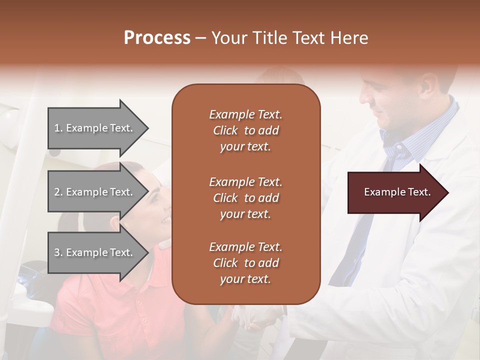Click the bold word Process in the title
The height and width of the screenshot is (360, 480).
coord(157,38)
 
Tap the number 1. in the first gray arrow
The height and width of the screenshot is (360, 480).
coord(58,128)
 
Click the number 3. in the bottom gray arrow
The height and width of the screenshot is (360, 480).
coord(58,252)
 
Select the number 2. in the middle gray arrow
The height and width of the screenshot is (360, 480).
coord(58,192)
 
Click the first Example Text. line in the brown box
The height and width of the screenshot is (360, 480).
coord(245,114)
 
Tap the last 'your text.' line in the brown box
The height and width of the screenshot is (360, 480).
coord(245,279)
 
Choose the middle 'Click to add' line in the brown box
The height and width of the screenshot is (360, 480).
coord(245,198)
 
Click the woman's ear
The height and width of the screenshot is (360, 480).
coord(116,222)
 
